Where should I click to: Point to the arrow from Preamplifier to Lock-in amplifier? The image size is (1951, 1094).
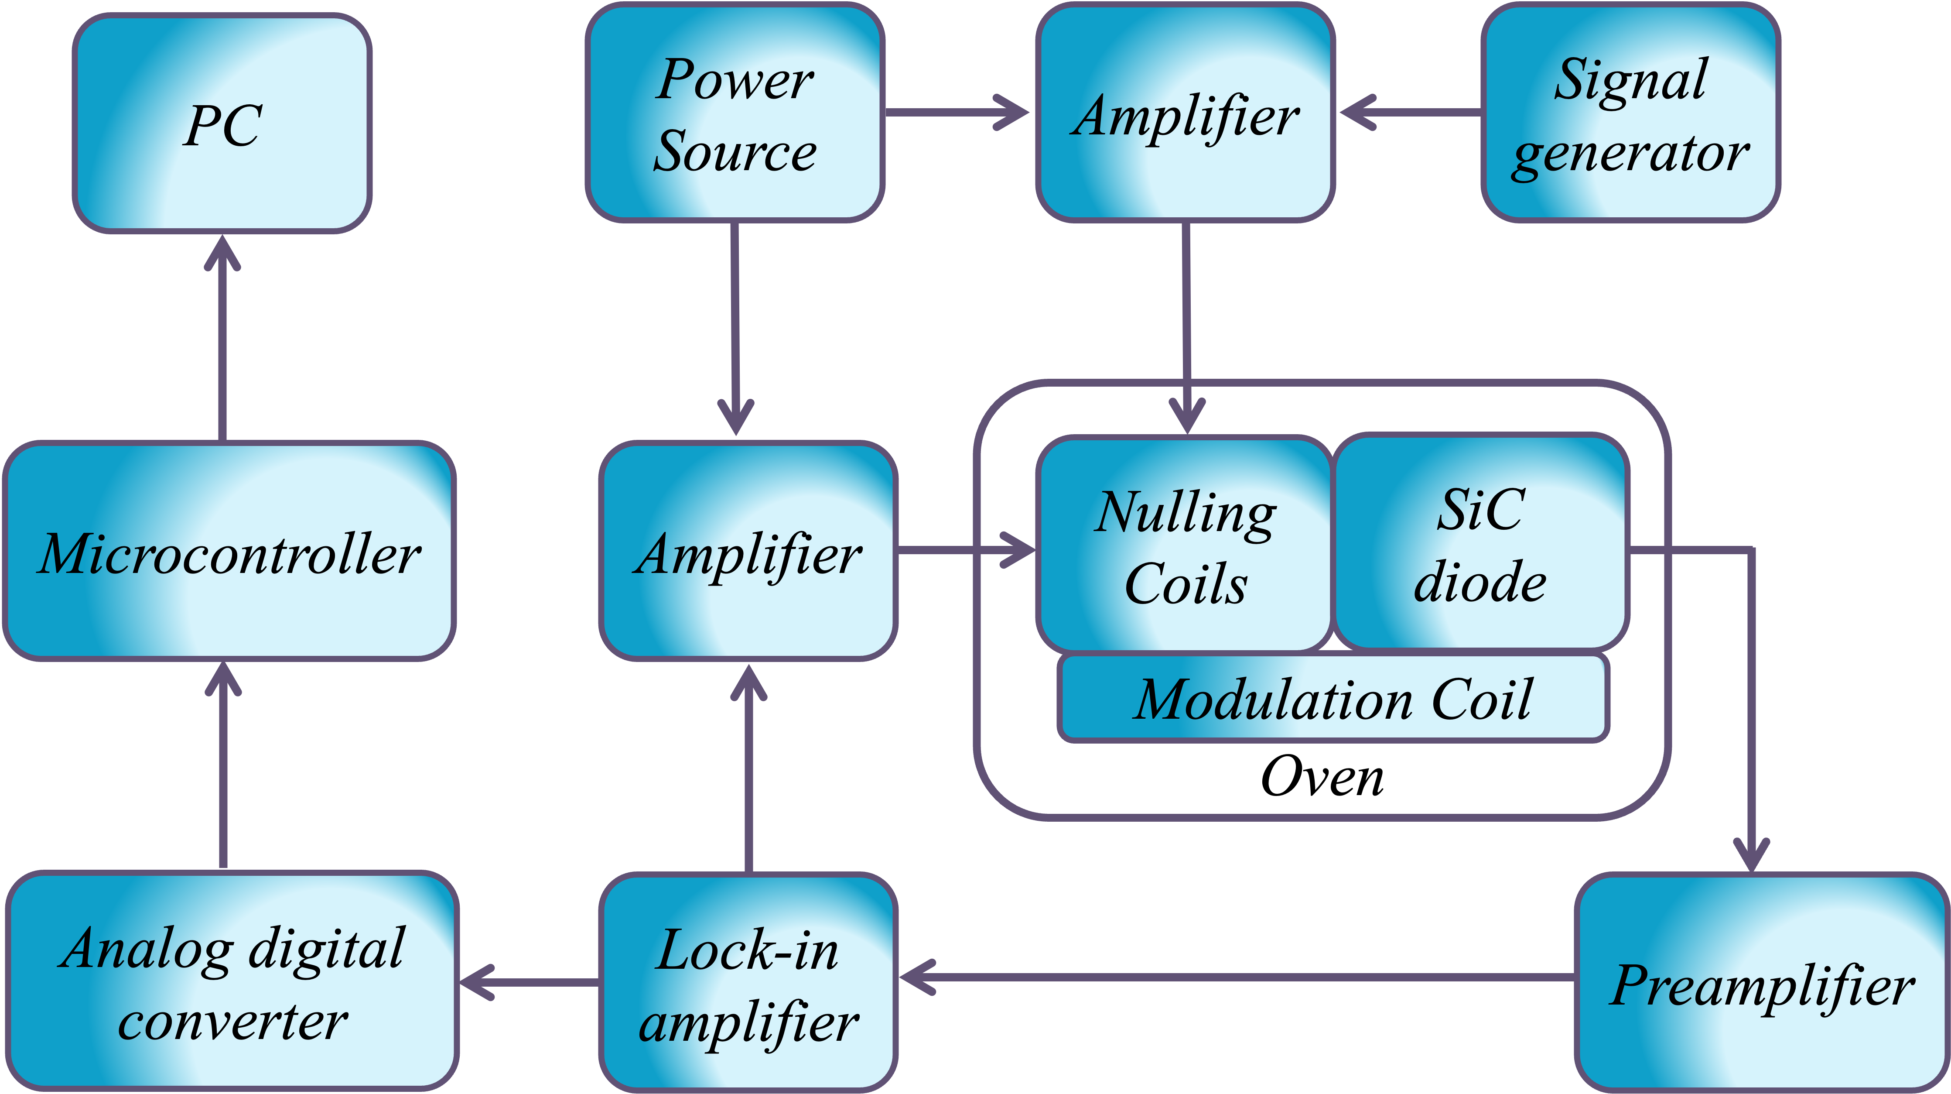pos(1234,977)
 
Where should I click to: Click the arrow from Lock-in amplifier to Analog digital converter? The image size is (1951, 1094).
pos(530,983)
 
